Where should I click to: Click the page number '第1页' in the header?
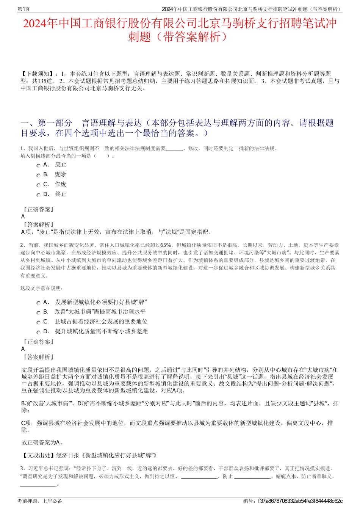pos(24,9)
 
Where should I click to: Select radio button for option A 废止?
pos(38,165)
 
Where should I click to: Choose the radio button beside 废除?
pos(38,175)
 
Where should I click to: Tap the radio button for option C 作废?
pos(38,185)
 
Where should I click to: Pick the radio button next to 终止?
pos(38,195)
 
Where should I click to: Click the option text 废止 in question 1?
pos(61,165)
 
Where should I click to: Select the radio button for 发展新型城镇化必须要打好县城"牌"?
pos(38,303)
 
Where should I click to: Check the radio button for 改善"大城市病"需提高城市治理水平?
pos(38,313)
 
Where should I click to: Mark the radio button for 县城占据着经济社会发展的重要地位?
pos(38,322)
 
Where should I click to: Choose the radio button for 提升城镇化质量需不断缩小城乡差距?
pos(38,332)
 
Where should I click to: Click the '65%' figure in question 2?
pos(166,245)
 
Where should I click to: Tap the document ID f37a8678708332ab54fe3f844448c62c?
pos(300,501)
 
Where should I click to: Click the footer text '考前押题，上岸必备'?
pos(40,501)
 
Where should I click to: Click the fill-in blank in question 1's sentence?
pos(174,149)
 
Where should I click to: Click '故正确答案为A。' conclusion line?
pos(42,442)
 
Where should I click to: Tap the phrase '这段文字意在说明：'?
pos(42,289)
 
